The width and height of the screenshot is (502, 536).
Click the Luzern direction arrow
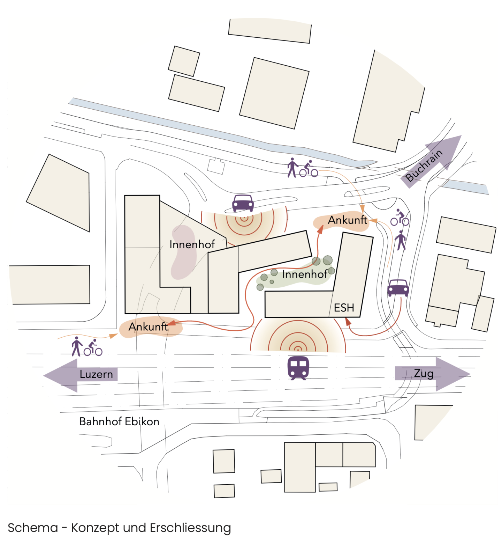click(x=80, y=375)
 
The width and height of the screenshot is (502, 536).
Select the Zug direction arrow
click(x=433, y=374)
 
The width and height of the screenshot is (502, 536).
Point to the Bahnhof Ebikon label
click(x=119, y=421)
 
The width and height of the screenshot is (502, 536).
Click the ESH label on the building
click(x=344, y=308)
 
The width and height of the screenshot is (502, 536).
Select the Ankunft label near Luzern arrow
click(x=148, y=327)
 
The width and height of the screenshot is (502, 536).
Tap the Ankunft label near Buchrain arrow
click(x=347, y=220)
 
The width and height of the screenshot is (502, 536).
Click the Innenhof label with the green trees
click(x=304, y=274)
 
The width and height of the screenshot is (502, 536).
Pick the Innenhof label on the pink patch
click(x=192, y=244)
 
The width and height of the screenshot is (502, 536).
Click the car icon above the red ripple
click(x=243, y=203)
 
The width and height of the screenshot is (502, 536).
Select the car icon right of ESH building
click(x=398, y=288)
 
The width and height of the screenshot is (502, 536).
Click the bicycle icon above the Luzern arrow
click(x=93, y=348)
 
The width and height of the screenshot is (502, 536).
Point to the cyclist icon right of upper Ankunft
click(x=400, y=218)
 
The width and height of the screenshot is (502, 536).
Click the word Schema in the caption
click(x=33, y=528)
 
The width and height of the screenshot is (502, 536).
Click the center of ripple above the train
click(x=298, y=348)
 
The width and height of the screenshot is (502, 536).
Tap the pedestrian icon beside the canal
click(x=292, y=168)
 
